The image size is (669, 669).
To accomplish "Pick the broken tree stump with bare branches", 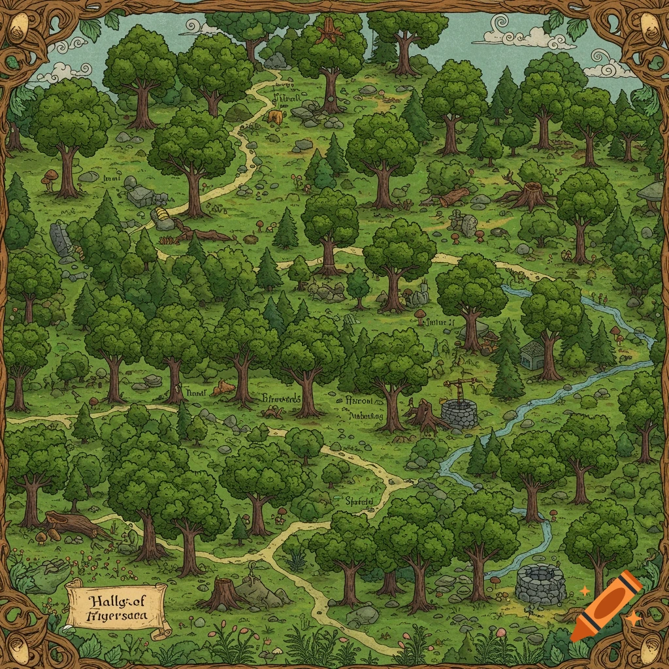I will (526, 192).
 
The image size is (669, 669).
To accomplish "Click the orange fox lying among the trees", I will (223, 387).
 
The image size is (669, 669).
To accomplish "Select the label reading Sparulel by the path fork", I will (359, 501).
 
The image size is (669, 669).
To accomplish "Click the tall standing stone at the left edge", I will (61, 239).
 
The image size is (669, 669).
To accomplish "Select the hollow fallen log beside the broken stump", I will (454, 195).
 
